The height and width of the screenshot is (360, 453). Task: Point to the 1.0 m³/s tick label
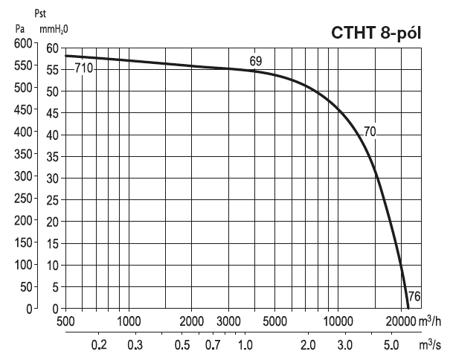tap(245, 346)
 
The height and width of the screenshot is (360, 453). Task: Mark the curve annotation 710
tap(83, 69)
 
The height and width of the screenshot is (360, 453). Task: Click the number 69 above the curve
tap(255, 61)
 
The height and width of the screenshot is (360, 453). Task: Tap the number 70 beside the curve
tap(370, 132)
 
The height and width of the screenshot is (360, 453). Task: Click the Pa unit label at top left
tap(20, 30)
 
